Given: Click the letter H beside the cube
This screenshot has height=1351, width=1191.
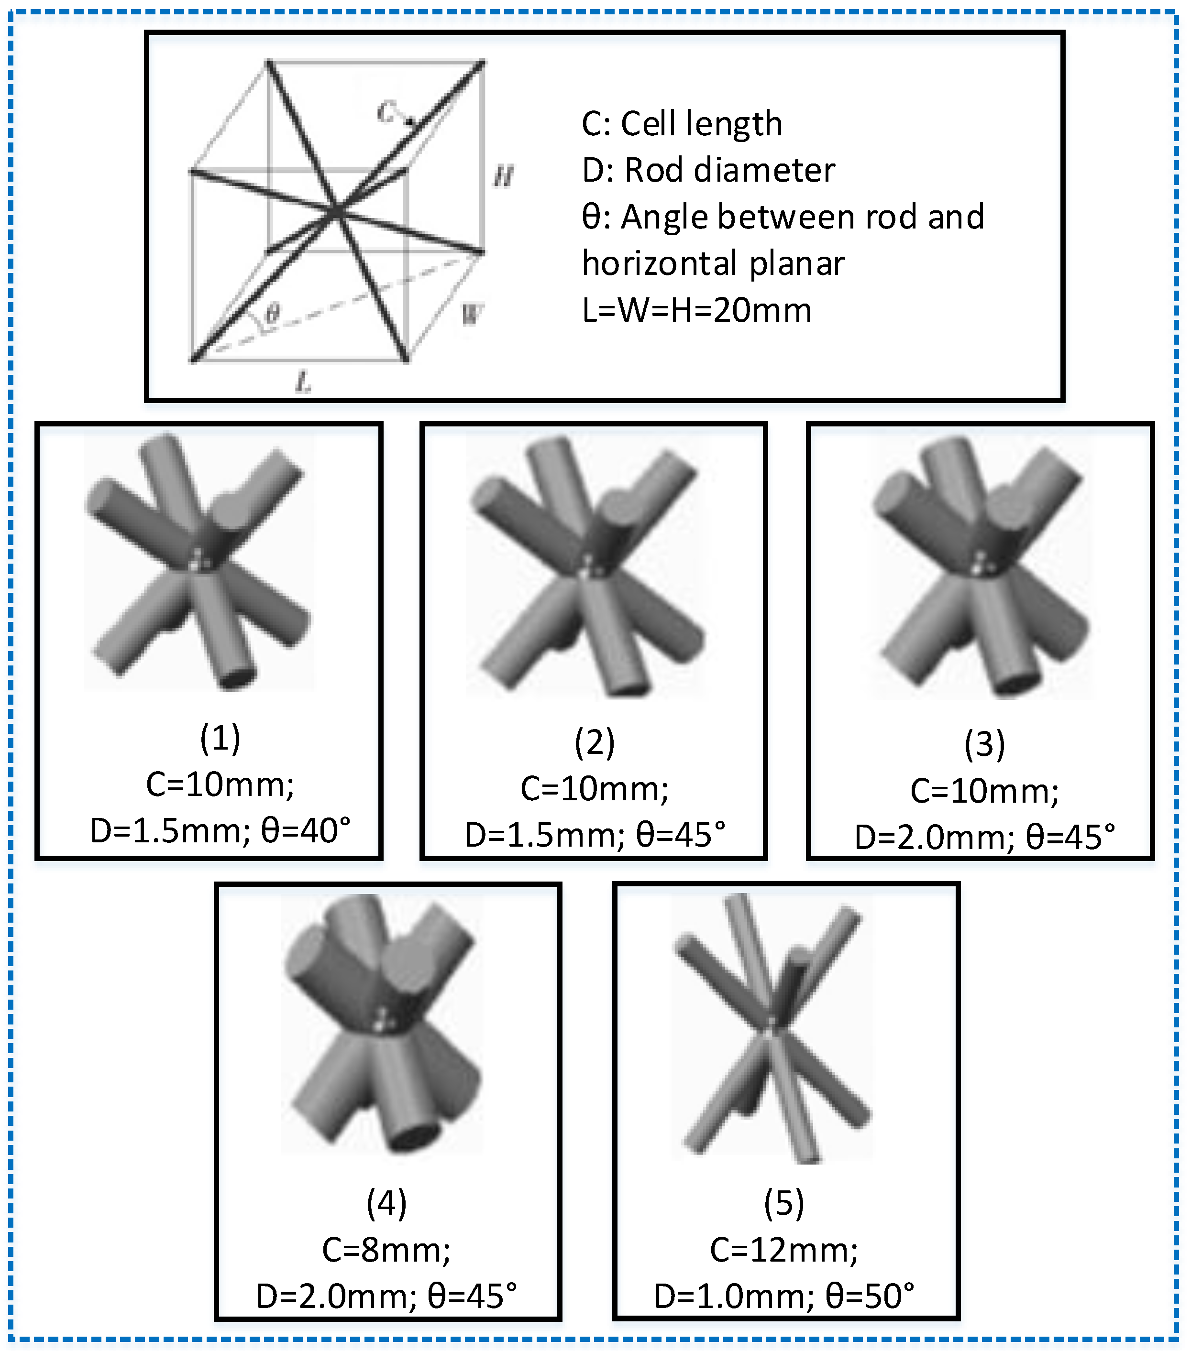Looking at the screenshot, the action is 503,176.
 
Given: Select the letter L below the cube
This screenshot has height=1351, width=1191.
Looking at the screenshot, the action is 303,381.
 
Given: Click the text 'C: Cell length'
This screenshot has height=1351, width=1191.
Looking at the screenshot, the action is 682,124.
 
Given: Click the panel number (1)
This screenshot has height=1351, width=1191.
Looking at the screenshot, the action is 220,738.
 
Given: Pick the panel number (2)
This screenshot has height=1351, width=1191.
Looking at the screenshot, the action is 595,742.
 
